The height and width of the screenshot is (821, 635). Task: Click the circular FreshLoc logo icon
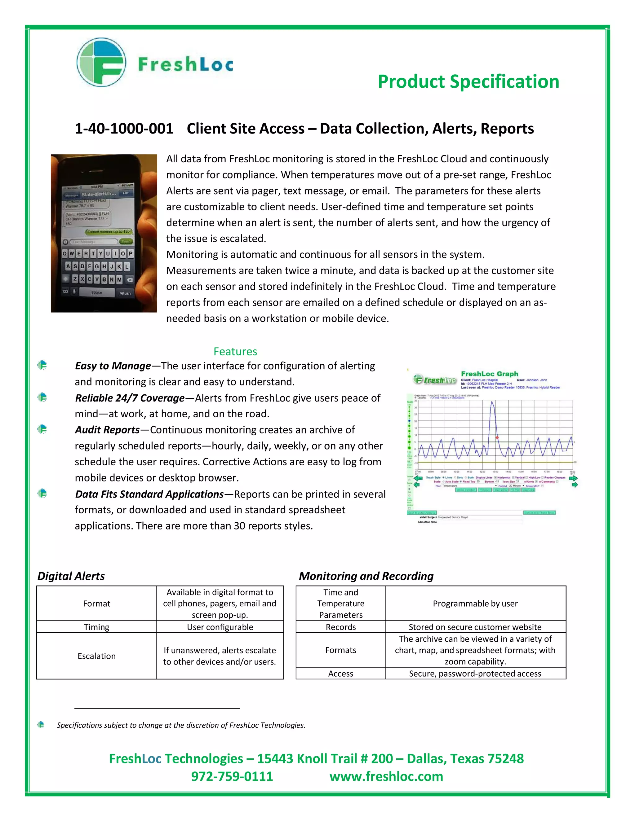tap(101, 62)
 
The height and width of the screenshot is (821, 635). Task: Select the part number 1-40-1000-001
tap(124, 129)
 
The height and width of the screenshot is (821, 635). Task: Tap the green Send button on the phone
tap(126, 241)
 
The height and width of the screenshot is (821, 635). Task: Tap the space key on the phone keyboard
tap(96, 292)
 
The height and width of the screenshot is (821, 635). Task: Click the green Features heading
tap(235, 352)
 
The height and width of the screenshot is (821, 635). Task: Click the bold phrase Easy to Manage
tap(113, 366)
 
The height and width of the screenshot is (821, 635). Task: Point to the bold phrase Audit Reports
tap(107, 430)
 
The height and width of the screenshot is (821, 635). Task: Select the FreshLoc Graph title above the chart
tap(489, 374)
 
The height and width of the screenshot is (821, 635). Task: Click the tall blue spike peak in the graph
tap(492, 402)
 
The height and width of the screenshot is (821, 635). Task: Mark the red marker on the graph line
tap(497, 437)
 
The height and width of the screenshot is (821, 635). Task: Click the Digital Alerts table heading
tap(71, 576)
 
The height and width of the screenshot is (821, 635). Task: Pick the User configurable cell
tap(220, 627)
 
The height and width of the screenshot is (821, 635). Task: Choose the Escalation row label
tap(96, 656)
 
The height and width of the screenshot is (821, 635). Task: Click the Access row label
tap(340, 673)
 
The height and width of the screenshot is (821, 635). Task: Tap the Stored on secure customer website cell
tap(475, 627)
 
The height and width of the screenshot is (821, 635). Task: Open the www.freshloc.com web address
tap(386, 776)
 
